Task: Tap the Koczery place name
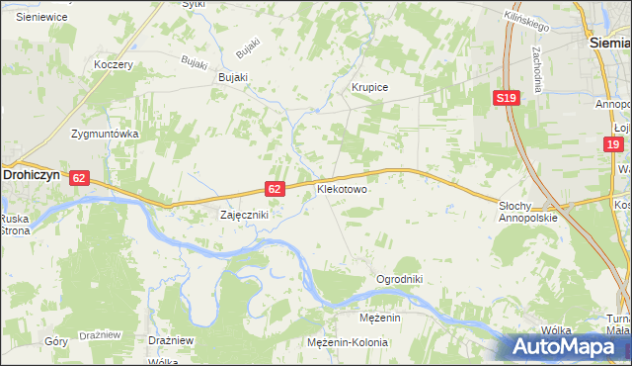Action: point(112,64)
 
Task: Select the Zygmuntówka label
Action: point(104,133)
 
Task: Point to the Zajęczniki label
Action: point(243,214)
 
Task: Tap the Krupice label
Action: point(370,87)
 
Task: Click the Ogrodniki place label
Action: point(399,279)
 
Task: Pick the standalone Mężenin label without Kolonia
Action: point(379,318)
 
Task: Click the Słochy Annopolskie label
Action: point(528,211)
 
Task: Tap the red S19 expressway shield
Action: point(507,97)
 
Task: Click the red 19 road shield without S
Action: point(613,144)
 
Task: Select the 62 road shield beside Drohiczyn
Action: point(80,178)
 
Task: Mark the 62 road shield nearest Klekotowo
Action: point(276,188)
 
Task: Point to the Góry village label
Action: point(57,339)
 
